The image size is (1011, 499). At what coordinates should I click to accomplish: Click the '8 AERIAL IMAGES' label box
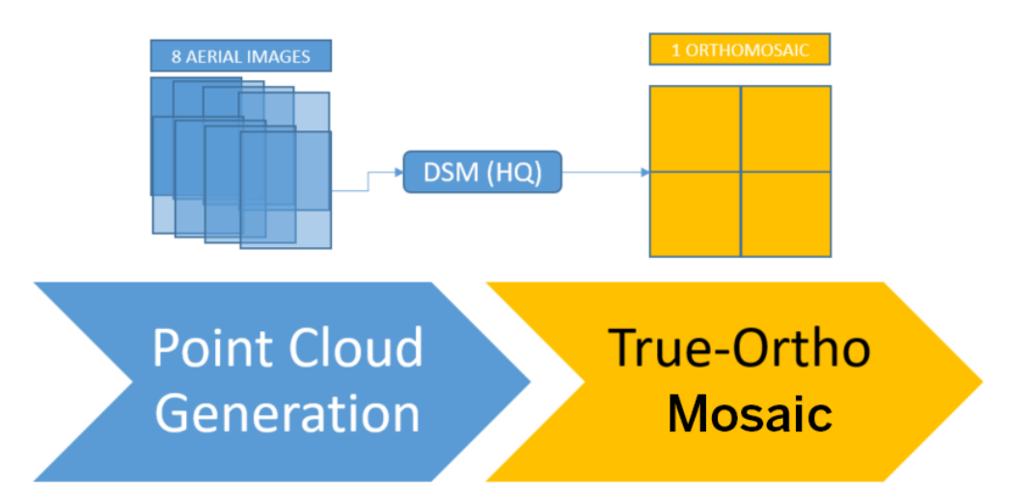pos(240,55)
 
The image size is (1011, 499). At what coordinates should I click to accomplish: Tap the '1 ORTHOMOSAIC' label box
pos(740,49)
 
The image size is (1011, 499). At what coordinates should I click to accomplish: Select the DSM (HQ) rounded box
pos(482,172)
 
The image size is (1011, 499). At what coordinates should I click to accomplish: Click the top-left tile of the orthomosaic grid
pos(695,129)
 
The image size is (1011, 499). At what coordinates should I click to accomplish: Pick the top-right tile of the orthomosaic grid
pos(786,129)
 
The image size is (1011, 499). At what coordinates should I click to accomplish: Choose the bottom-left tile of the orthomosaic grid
pos(695,214)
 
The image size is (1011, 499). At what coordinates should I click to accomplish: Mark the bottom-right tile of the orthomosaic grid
pos(786,214)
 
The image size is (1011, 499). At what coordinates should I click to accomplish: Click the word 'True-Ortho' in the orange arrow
pos(740,348)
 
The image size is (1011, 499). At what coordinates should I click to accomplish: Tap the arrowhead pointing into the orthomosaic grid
pos(644,172)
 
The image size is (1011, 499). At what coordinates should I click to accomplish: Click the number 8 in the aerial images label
pos(176,56)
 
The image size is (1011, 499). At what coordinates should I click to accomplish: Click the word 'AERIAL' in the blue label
pos(213,56)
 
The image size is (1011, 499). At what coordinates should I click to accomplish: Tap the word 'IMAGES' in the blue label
pos(279,56)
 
